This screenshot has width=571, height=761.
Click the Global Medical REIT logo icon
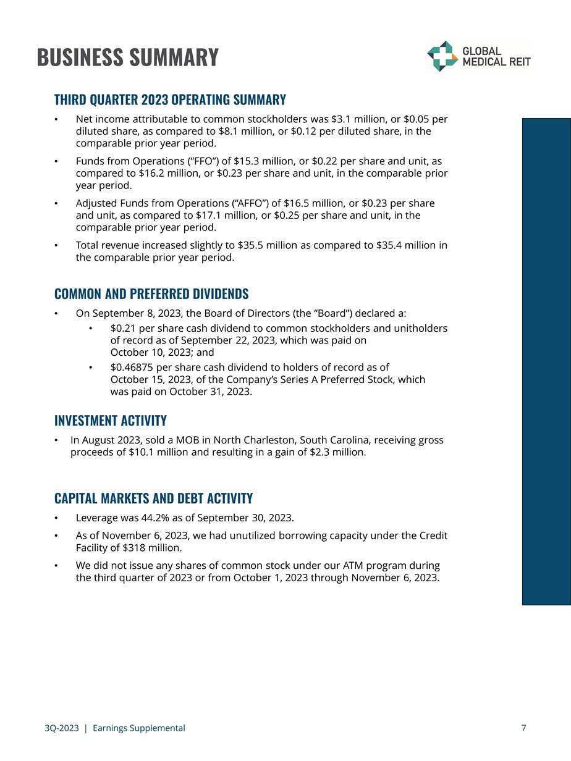pyautogui.click(x=442, y=56)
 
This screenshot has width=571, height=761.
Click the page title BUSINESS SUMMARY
pyautogui.click(x=128, y=57)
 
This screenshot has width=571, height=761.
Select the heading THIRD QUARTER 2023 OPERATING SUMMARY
pyautogui.click(x=170, y=100)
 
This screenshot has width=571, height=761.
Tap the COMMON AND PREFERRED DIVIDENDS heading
pyautogui.click(x=151, y=293)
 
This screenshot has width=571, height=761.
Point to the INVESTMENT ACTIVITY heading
pyautogui.click(x=111, y=421)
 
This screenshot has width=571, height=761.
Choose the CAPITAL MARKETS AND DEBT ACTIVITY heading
pyautogui.click(x=153, y=498)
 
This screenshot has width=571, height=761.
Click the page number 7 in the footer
pyautogui.click(x=523, y=728)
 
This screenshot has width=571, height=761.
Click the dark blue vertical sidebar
pyautogui.click(x=546, y=361)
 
